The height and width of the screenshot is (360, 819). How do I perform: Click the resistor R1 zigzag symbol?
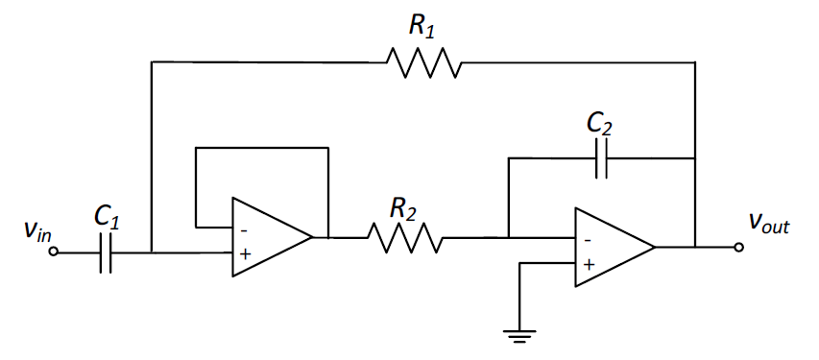[423, 63]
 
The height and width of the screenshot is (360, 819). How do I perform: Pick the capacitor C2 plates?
[602, 159]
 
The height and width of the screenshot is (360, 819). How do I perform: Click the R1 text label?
[422, 26]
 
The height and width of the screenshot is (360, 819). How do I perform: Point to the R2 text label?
[403, 205]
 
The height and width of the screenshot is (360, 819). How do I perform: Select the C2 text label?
[601, 123]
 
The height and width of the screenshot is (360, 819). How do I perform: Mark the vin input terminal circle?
[54, 253]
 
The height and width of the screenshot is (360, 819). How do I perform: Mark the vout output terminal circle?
[737, 247]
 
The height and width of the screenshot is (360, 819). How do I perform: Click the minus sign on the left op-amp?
[244, 229]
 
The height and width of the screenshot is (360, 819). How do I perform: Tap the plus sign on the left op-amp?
[244, 253]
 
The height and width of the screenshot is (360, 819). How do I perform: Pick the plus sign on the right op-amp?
[588, 262]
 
